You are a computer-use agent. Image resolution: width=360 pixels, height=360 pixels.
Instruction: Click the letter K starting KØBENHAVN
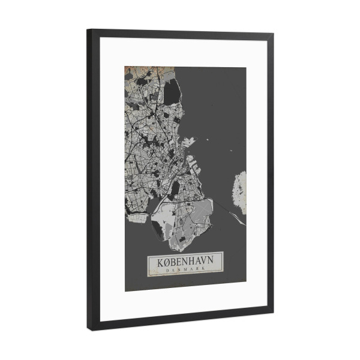pyautogui.click(x=152, y=263)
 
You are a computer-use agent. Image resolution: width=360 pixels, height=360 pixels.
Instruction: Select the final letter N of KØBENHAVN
pyautogui.click(x=215, y=263)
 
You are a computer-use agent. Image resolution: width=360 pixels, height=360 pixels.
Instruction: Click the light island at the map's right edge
pyautogui.click(x=239, y=193)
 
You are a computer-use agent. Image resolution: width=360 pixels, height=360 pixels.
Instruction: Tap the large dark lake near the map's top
pyautogui.click(x=172, y=91)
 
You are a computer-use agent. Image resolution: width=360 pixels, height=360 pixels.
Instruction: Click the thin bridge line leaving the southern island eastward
pyautogui.click(x=231, y=213)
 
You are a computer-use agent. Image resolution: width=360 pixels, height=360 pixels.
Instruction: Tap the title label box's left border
pyautogui.click(x=147, y=266)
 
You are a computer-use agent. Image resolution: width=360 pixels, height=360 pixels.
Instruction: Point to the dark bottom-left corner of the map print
pyautogui.click(x=127, y=288)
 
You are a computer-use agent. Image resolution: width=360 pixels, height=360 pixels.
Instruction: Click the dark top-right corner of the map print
pyautogui.click(x=243, y=70)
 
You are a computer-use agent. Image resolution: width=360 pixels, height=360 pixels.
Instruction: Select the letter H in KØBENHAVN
pyautogui.click(x=191, y=263)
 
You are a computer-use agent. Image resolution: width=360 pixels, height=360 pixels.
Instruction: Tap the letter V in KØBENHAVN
pyautogui.click(x=207, y=263)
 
